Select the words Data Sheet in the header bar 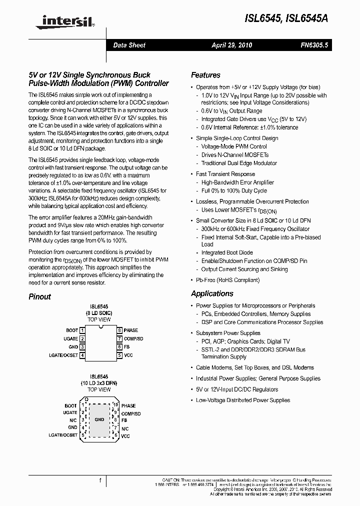pyautogui.click(x=129, y=45)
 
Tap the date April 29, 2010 pyautogui.click(x=231, y=45)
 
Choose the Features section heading pyautogui.click(x=205, y=75)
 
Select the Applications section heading pyautogui.click(x=212, y=293)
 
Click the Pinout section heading pyautogui.click(x=39, y=296)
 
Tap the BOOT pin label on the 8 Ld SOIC pyautogui.click(x=72, y=330)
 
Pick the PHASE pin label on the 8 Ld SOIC pyautogui.click(x=131, y=330)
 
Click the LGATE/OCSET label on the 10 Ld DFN pyautogui.click(x=62, y=435)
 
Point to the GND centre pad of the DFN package pyautogui.click(x=99, y=420)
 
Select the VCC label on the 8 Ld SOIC pyautogui.click(x=128, y=355)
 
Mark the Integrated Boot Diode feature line pyautogui.click(x=227, y=253)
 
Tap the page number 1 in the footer pyautogui.click(x=100, y=480)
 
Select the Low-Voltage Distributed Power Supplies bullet pyautogui.click(x=243, y=400)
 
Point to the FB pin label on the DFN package pyautogui.click(x=124, y=420)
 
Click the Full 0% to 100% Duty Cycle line pyautogui.click(x=234, y=190)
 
